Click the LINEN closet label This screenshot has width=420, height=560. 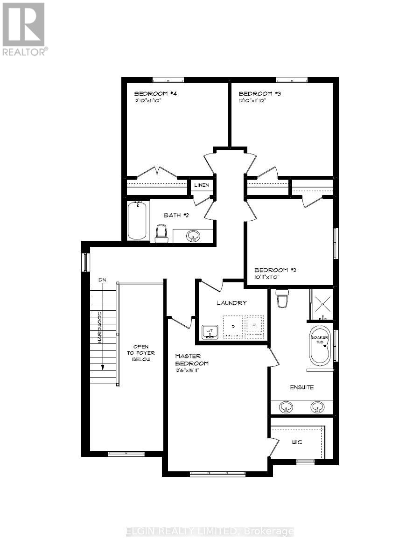pos(202,185)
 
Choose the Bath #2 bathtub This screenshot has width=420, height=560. pos(137,221)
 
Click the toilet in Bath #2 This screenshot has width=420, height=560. pos(161,233)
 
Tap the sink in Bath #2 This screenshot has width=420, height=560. pos(192,236)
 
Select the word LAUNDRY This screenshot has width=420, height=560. pos(231,303)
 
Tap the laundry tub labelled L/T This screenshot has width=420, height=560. pos(210,332)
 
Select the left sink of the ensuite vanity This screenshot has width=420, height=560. pos(286,408)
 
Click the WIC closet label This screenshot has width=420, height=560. pos(297,441)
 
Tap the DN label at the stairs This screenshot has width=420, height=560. pos(102,279)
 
